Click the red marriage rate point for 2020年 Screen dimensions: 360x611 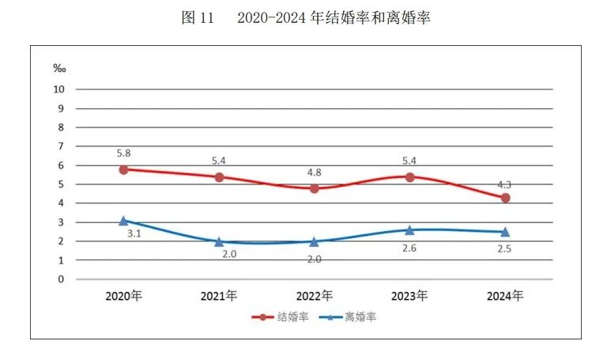(124, 169)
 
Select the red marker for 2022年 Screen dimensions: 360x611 (315, 188)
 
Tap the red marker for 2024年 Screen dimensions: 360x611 (505, 198)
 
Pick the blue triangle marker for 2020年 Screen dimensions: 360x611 (124, 221)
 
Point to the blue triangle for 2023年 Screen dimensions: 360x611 (409, 229)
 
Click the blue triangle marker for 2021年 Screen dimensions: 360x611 (219, 241)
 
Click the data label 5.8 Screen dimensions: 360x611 (124, 151)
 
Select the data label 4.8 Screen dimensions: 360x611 (315, 171)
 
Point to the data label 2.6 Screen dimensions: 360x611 (409, 247)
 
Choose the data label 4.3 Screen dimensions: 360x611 (505, 184)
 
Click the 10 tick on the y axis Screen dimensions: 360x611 (58, 89)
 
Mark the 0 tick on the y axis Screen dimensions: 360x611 (60, 279)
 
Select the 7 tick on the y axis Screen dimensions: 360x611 (60, 146)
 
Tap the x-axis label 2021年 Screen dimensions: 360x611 (219, 297)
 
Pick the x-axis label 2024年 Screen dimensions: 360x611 (505, 297)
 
